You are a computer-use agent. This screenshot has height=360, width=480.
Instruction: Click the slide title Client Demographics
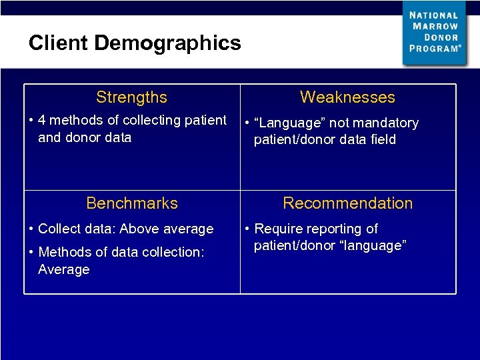pos(135,43)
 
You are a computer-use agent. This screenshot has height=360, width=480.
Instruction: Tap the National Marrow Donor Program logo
pos(434,32)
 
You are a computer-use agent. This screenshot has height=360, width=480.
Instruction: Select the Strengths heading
pos(131,97)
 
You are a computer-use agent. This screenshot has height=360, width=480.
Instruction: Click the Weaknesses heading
pos(347,97)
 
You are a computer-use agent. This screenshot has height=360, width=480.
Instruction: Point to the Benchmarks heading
pos(132,203)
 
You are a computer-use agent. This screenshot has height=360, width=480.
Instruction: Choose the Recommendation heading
pos(347,203)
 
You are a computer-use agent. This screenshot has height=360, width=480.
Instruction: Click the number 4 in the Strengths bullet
pos(42,121)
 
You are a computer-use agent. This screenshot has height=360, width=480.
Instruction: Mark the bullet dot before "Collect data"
pos(32,229)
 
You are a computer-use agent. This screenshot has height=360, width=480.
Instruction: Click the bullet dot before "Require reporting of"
pos(248,229)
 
